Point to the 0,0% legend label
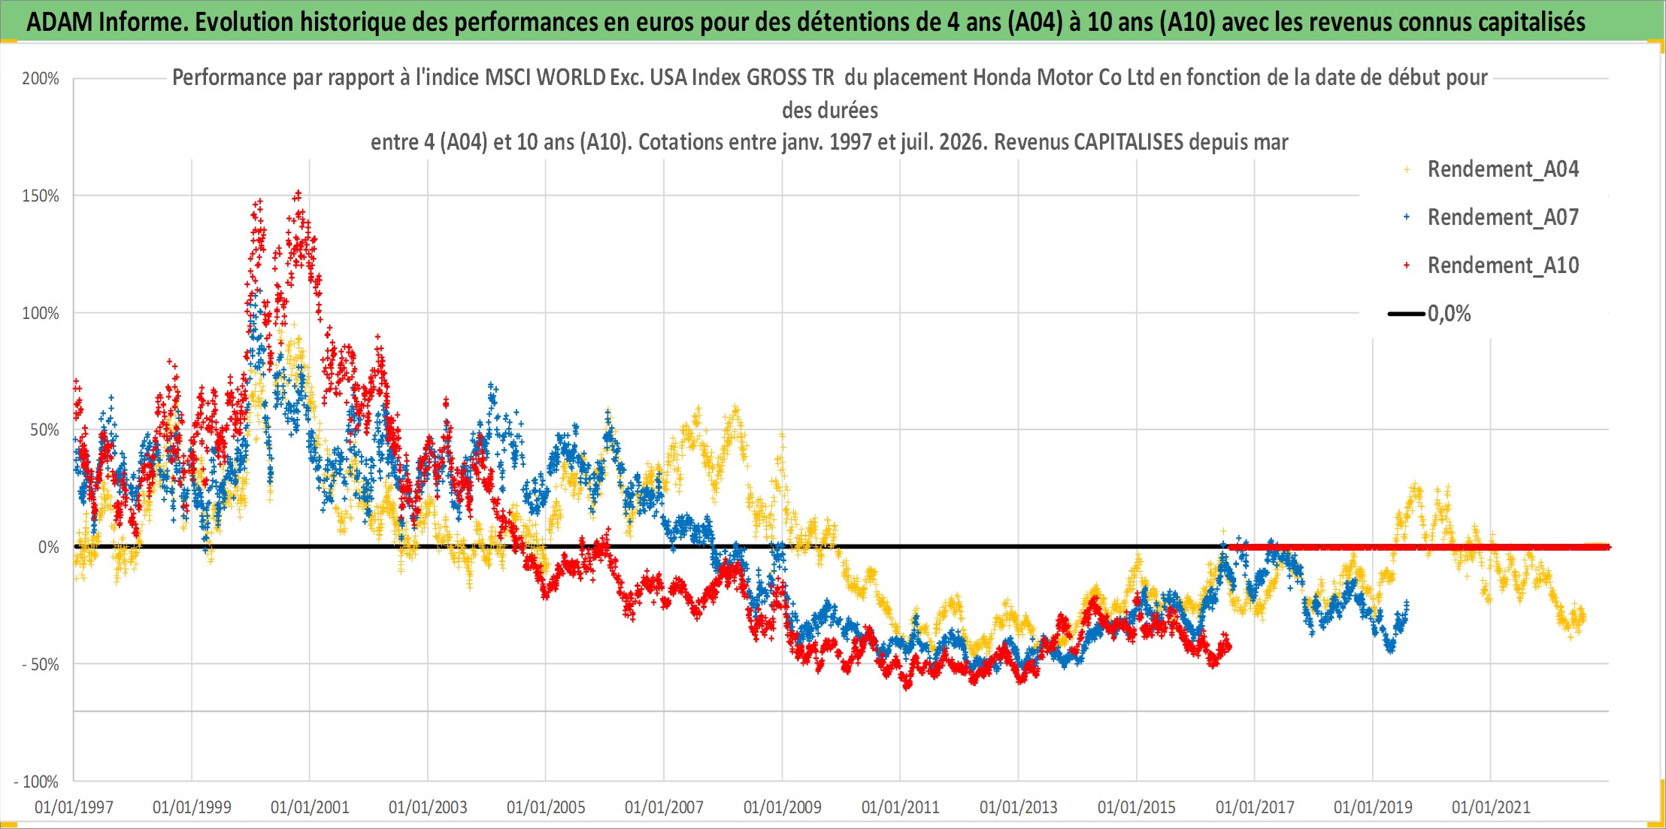[x=1449, y=314]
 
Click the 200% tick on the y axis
[x=41, y=78]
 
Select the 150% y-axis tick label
[x=41, y=196]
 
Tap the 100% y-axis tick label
[x=41, y=313]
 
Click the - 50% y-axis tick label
[x=41, y=664]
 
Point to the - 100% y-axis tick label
[x=36, y=782]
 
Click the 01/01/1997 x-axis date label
[x=74, y=807]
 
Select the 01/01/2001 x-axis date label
[x=310, y=807]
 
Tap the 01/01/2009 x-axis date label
[x=783, y=807]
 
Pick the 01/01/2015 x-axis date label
[x=1137, y=807]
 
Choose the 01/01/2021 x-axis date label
[x=1491, y=807]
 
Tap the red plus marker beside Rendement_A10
[x=1407, y=266]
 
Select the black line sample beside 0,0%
[x=1407, y=314]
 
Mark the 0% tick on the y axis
[x=49, y=548]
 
